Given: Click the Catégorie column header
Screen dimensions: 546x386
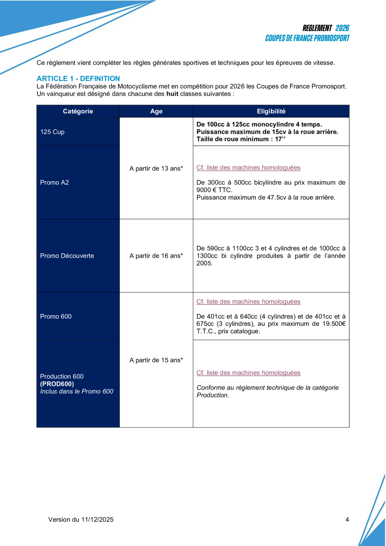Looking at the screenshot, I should point(78,111).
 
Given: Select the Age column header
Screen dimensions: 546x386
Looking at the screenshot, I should point(156,111).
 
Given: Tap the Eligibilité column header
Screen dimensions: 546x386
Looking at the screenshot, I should point(271,111).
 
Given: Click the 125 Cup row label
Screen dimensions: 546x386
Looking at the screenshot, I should point(53,132).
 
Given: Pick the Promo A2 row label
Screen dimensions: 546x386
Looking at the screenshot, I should point(55,183).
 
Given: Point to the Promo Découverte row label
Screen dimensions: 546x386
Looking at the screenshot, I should point(67,256).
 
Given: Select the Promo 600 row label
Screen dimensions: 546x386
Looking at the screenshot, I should point(56,316).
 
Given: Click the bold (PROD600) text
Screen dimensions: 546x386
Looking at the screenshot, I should point(57,384).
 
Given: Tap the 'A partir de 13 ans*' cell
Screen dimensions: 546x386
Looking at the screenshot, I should point(156,168).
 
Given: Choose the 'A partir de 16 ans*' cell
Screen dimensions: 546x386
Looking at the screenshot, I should point(156,256).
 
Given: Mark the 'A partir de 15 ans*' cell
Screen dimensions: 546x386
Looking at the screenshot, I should point(156,360).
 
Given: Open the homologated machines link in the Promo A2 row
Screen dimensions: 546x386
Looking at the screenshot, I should point(248,168).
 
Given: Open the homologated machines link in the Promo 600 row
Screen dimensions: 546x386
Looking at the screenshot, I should point(248,302).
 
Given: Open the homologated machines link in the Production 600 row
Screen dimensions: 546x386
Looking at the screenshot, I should point(248,373).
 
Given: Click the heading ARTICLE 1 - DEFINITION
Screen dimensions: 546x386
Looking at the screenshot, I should point(78,79).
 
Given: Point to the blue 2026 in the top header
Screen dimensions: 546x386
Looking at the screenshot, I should point(342,28).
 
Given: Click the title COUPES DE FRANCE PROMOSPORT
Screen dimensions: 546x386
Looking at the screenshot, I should point(307,38).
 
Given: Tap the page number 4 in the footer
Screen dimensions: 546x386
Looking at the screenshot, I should point(347,520).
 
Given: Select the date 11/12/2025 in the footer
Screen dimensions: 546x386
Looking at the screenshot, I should point(97,520).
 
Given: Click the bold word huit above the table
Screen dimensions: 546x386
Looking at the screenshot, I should point(172,94).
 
